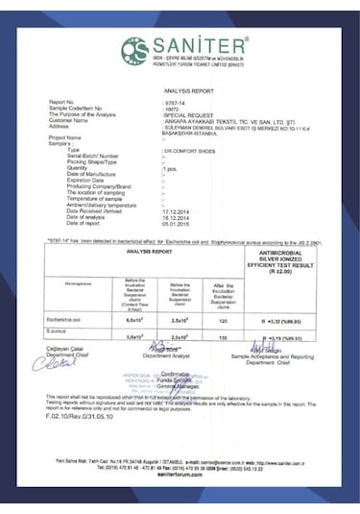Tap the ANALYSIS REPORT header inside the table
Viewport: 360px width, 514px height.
(x=149, y=252)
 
